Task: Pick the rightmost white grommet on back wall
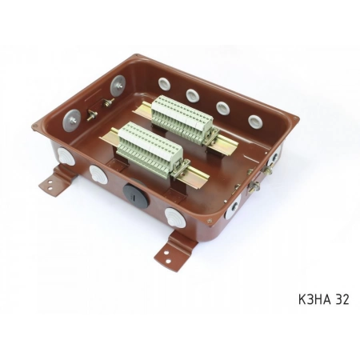(x=254, y=121)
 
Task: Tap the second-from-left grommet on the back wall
(x=193, y=94)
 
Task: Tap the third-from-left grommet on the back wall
(x=222, y=107)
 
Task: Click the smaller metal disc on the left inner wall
(x=118, y=82)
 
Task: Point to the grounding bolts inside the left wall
(x=95, y=107)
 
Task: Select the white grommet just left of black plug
(x=98, y=174)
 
